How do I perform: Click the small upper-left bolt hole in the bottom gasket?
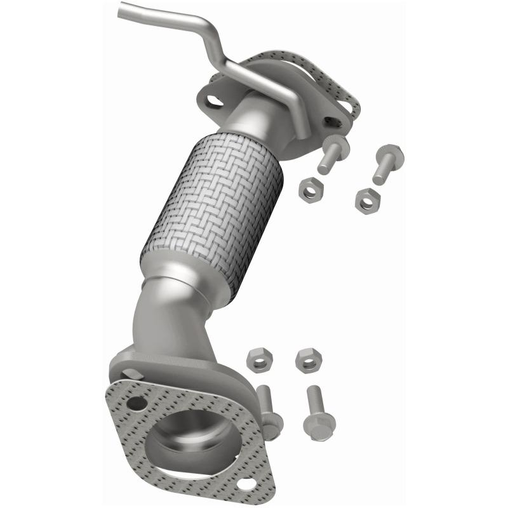(x=135, y=403)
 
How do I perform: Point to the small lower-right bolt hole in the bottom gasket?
(x=248, y=485)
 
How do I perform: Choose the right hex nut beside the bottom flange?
(x=308, y=359)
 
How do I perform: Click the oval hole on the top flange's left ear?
(x=215, y=101)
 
